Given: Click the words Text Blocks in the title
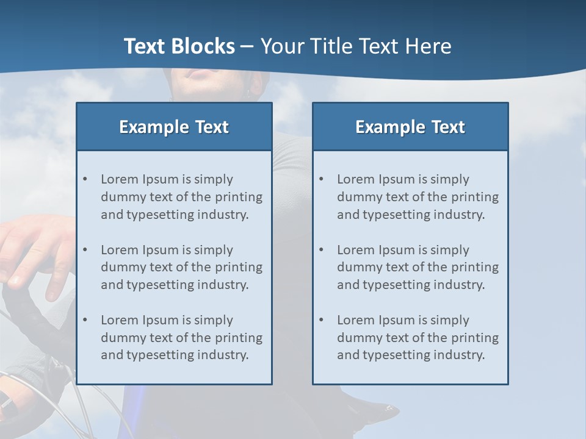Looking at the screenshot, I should click(179, 46).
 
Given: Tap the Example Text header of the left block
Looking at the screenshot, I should click(174, 127).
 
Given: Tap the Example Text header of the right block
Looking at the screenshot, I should click(410, 127).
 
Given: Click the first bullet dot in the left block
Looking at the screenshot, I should click(85, 179).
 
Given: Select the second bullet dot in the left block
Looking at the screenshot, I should click(85, 250).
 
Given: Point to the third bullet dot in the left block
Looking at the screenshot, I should click(85, 320).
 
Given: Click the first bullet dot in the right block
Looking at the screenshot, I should click(321, 179).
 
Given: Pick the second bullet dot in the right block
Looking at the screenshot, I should click(321, 250).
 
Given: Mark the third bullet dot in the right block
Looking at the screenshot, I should click(321, 320).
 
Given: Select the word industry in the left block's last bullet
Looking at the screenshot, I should click(222, 355).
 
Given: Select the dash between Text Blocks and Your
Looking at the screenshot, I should click(247, 46).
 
